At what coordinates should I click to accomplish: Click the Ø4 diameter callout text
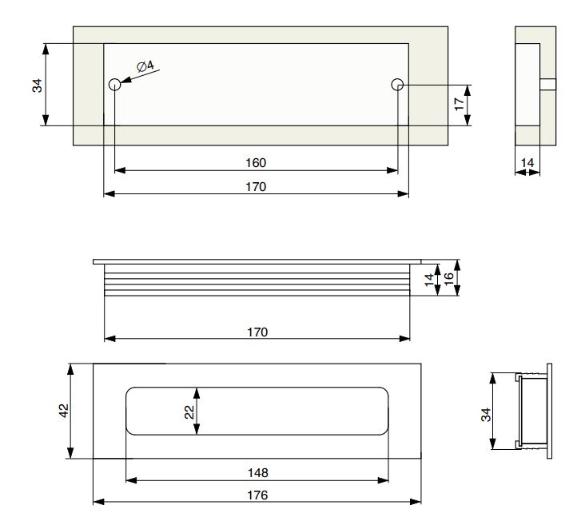145,66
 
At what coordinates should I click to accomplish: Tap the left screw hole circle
115,85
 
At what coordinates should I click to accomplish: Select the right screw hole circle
397,85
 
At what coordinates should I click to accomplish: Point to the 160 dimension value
256,162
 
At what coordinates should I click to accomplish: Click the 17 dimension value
460,104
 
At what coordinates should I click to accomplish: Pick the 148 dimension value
257,473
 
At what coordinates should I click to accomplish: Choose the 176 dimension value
257,495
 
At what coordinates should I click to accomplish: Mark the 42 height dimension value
64,411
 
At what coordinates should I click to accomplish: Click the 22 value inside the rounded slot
189,412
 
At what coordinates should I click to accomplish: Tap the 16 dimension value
449,279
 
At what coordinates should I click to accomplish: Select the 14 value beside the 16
429,280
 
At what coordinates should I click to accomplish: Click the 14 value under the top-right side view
527,162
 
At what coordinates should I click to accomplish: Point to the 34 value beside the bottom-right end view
486,415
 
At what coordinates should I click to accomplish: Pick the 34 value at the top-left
38,86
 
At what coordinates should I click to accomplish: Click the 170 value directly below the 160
256,187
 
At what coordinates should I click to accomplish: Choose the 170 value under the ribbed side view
257,332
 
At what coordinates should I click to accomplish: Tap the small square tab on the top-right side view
548,84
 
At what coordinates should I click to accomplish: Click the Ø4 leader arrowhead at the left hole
125,80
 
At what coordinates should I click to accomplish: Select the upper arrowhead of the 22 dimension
197,393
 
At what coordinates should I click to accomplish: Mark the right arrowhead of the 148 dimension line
383,480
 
